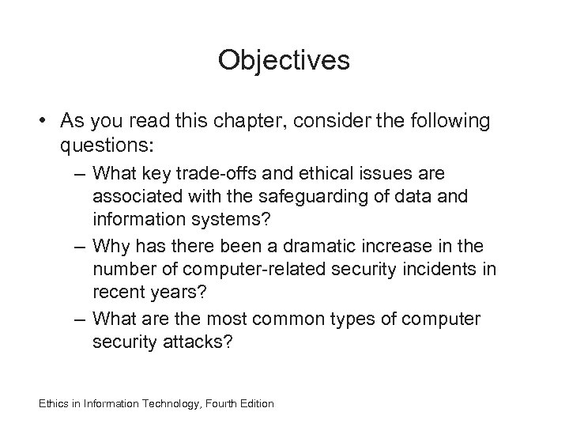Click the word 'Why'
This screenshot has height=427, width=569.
click(x=107, y=248)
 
